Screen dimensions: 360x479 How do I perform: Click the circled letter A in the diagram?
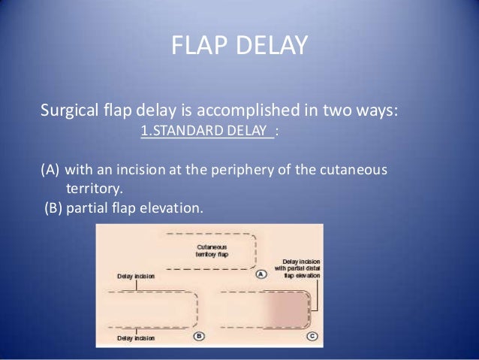pyautogui.click(x=261, y=274)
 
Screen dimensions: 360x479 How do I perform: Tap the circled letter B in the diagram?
pyautogui.click(x=198, y=336)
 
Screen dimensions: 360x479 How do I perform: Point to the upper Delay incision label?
pyautogui.click(x=136, y=276)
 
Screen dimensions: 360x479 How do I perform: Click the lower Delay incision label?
pyautogui.click(x=136, y=339)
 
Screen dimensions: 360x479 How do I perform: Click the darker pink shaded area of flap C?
pyautogui.click(x=289, y=308)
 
